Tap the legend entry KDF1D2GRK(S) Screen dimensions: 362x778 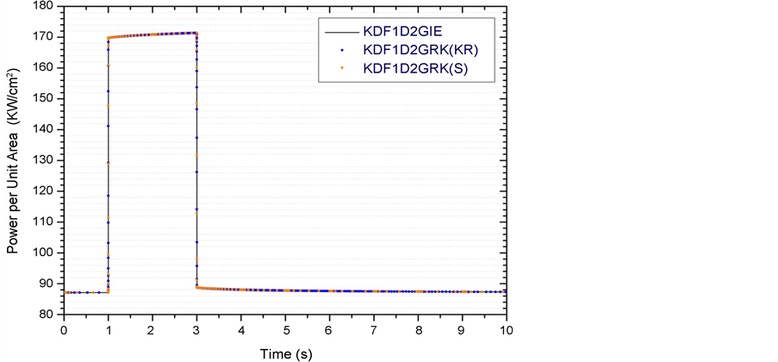[x=416, y=67]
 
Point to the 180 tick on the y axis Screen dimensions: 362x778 [x=45, y=6]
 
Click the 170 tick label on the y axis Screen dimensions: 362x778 [x=45, y=36]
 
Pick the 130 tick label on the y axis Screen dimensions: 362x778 [x=45, y=160]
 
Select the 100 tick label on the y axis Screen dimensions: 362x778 [x=45, y=253]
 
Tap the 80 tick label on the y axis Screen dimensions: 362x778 [x=47, y=315]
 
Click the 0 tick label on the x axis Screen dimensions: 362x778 [x=63, y=329]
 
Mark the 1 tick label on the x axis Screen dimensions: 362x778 [x=108, y=329]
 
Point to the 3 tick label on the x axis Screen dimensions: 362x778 [x=196, y=329]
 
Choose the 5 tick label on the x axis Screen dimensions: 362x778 [x=285, y=329]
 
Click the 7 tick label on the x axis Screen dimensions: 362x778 [x=374, y=329]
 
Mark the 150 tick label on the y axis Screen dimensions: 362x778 [x=45, y=98]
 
